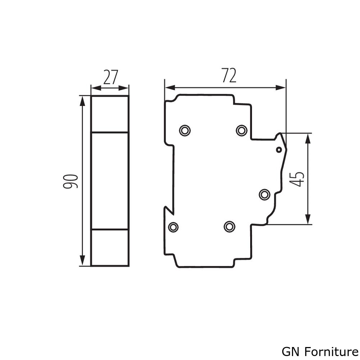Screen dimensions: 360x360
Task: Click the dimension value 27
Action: pyautogui.click(x=111, y=78)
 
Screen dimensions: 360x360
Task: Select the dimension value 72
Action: pyautogui.click(x=229, y=76)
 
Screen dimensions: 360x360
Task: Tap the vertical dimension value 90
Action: pyautogui.click(x=71, y=181)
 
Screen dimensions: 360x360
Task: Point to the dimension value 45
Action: pyautogui.click(x=297, y=179)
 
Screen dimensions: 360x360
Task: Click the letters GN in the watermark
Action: pyautogui.click(x=288, y=351)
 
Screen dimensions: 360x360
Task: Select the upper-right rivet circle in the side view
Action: pyautogui.click(x=242, y=130)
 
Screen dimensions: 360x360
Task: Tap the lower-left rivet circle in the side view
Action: pyautogui.click(x=174, y=227)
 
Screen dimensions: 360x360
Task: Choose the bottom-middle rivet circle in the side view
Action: pyautogui.click(x=229, y=226)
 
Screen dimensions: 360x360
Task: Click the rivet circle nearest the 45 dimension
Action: pyautogui.click(x=265, y=194)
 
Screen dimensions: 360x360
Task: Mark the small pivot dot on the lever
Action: pyautogui.click(x=279, y=149)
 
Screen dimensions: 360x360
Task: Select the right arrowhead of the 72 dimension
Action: pyautogui.click(x=282, y=87)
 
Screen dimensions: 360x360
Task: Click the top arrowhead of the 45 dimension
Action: pyautogui.click(x=308, y=138)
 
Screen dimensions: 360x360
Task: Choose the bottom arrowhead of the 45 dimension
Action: pyautogui.click(x=308, y=220)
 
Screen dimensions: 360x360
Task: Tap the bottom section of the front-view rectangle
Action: pyautogui.click(x=110, y=248)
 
